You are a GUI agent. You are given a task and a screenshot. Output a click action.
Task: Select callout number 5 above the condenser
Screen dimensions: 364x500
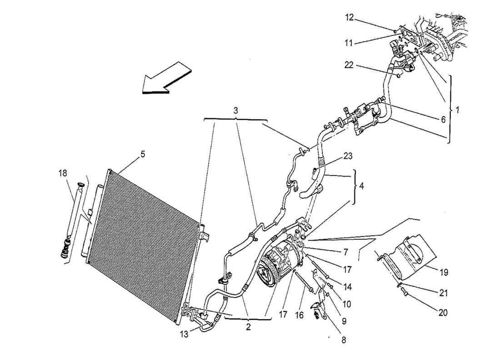pyautogui.click(x=143, y=154)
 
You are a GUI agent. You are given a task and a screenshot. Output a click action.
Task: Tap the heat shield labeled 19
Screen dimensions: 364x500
pyautogui.click(x=409, y=259)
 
